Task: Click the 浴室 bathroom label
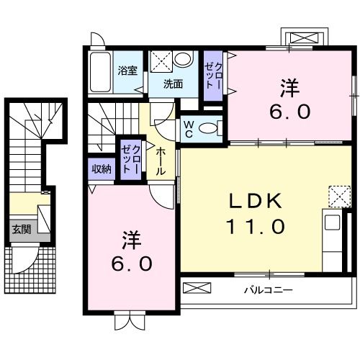point(127,71)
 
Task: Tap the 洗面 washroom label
point(172,84)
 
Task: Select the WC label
point(188,128)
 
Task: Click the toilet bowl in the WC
point(208,129)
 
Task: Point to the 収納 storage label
point(102,168)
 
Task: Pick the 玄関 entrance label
point(20,230)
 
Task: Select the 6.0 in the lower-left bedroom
point(131,264)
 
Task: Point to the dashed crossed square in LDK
point(338,195)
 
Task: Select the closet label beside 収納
point(130,159)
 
